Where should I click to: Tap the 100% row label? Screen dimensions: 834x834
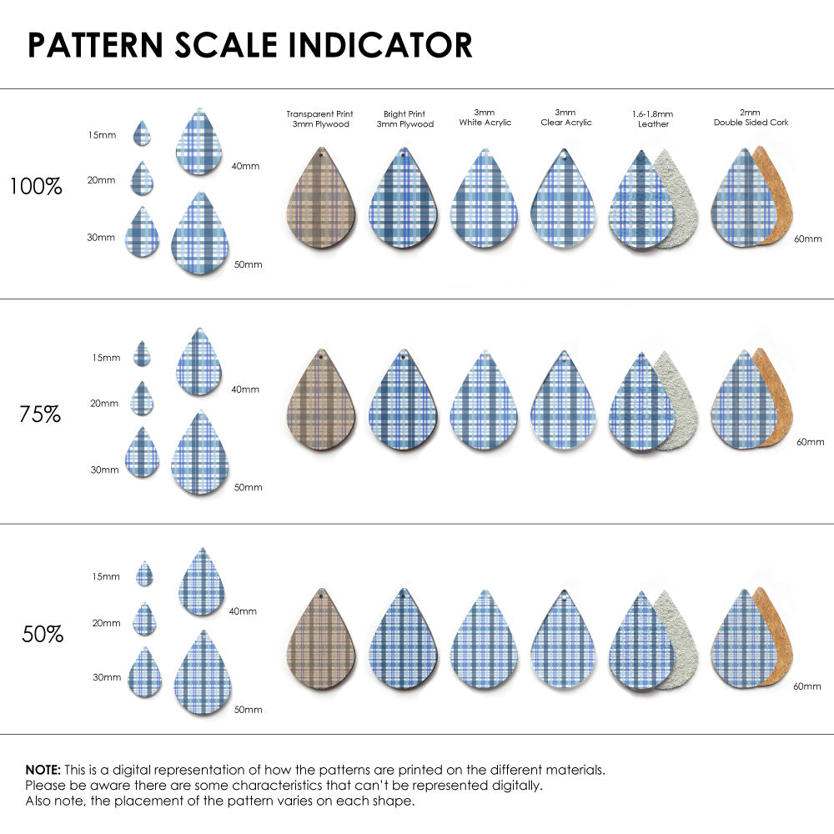click(36, 187)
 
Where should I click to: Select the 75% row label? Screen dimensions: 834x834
click(39, 414)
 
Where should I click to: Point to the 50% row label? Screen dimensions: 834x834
click(43, 635)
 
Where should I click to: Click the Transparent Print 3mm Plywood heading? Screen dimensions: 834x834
click(319, 118)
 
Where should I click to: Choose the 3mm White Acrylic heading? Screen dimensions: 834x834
click(485, 118)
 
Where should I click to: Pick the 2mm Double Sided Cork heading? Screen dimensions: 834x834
click(751, 118)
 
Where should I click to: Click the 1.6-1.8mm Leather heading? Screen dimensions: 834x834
click(653, 118)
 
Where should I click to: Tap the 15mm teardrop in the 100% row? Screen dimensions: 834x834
click(142, 134)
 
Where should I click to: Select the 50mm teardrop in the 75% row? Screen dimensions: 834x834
click(200, 455)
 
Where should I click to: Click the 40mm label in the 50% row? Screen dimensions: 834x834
click(243, 611)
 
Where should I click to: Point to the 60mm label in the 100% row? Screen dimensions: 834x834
click(806, 239)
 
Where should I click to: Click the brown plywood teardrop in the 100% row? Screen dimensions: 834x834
click(320, 200)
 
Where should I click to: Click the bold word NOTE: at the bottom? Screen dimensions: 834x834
click(43, 770)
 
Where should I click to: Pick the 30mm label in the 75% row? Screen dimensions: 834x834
click(104, 470)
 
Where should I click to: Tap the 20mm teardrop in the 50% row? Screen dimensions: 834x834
click(145, 620)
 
